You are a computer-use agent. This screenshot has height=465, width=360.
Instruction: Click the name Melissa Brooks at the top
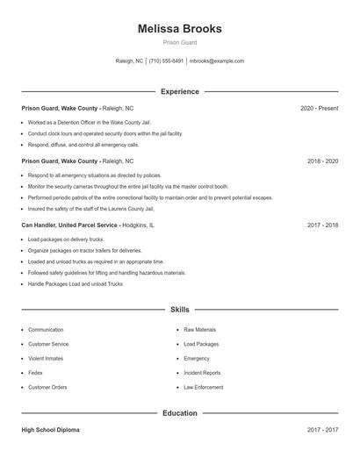179,29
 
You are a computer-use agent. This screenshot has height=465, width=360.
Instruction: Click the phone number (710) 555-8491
166,61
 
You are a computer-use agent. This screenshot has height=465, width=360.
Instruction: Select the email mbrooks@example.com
217,61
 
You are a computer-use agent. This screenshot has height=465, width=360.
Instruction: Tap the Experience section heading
179,91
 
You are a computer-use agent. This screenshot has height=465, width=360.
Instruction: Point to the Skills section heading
179,310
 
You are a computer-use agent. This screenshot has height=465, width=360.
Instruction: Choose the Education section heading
179,412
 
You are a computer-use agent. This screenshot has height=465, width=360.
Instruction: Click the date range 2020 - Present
319,108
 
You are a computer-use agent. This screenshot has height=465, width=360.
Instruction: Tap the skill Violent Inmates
47,358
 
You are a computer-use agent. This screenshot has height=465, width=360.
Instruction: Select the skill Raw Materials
199,330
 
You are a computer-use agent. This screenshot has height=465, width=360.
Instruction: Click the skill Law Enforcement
203,387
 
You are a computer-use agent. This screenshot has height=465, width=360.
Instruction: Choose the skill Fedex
36,373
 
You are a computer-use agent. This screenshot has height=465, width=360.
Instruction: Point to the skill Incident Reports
202,373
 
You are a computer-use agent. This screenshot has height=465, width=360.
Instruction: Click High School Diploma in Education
51,430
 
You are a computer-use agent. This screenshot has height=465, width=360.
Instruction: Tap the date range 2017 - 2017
322,430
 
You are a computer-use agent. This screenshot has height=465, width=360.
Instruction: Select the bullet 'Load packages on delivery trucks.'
66,239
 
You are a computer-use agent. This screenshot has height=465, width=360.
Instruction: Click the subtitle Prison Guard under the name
179,42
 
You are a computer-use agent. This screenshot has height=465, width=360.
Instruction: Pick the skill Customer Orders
47,387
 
